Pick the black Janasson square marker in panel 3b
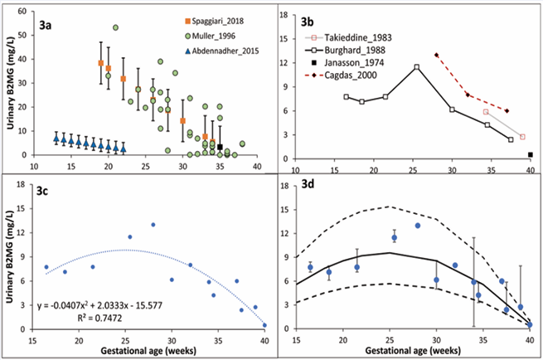pyautogui.click(x=530, y=154)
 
